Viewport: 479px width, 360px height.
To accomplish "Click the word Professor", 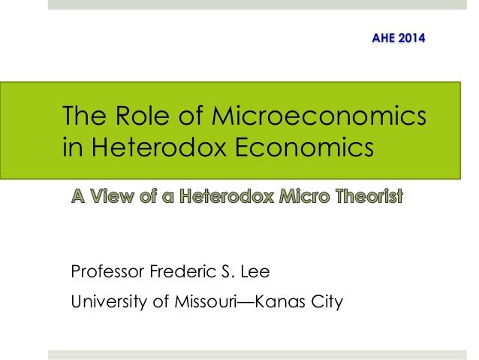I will point(107,271).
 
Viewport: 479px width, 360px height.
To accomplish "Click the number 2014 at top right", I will point(411,37).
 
